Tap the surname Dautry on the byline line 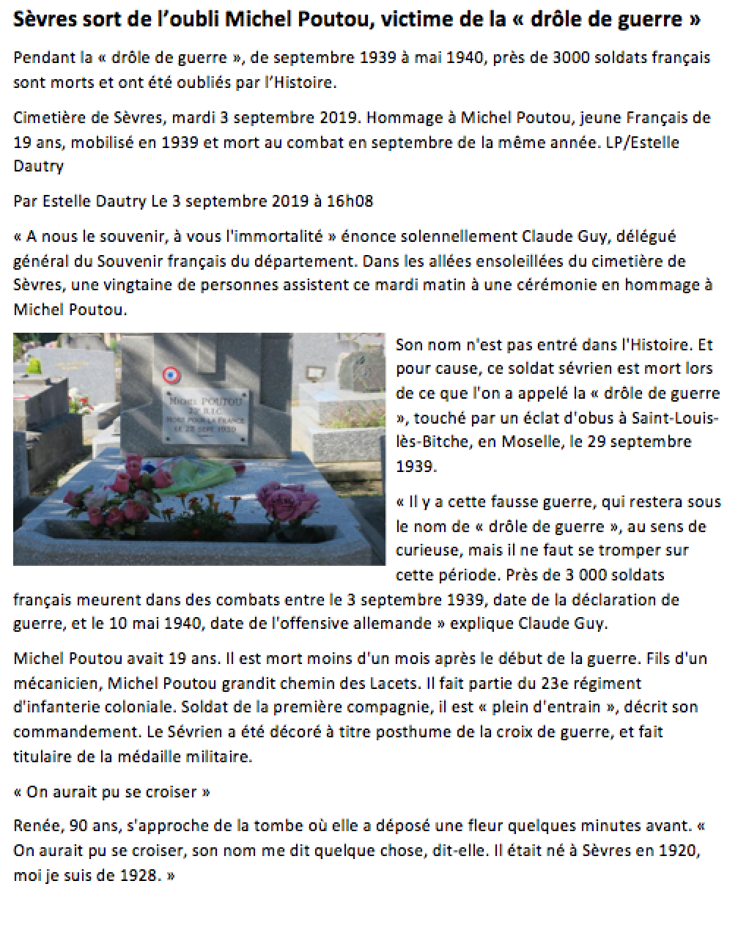[121, 200]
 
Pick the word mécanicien [56, 683]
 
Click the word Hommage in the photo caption [409, 118]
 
